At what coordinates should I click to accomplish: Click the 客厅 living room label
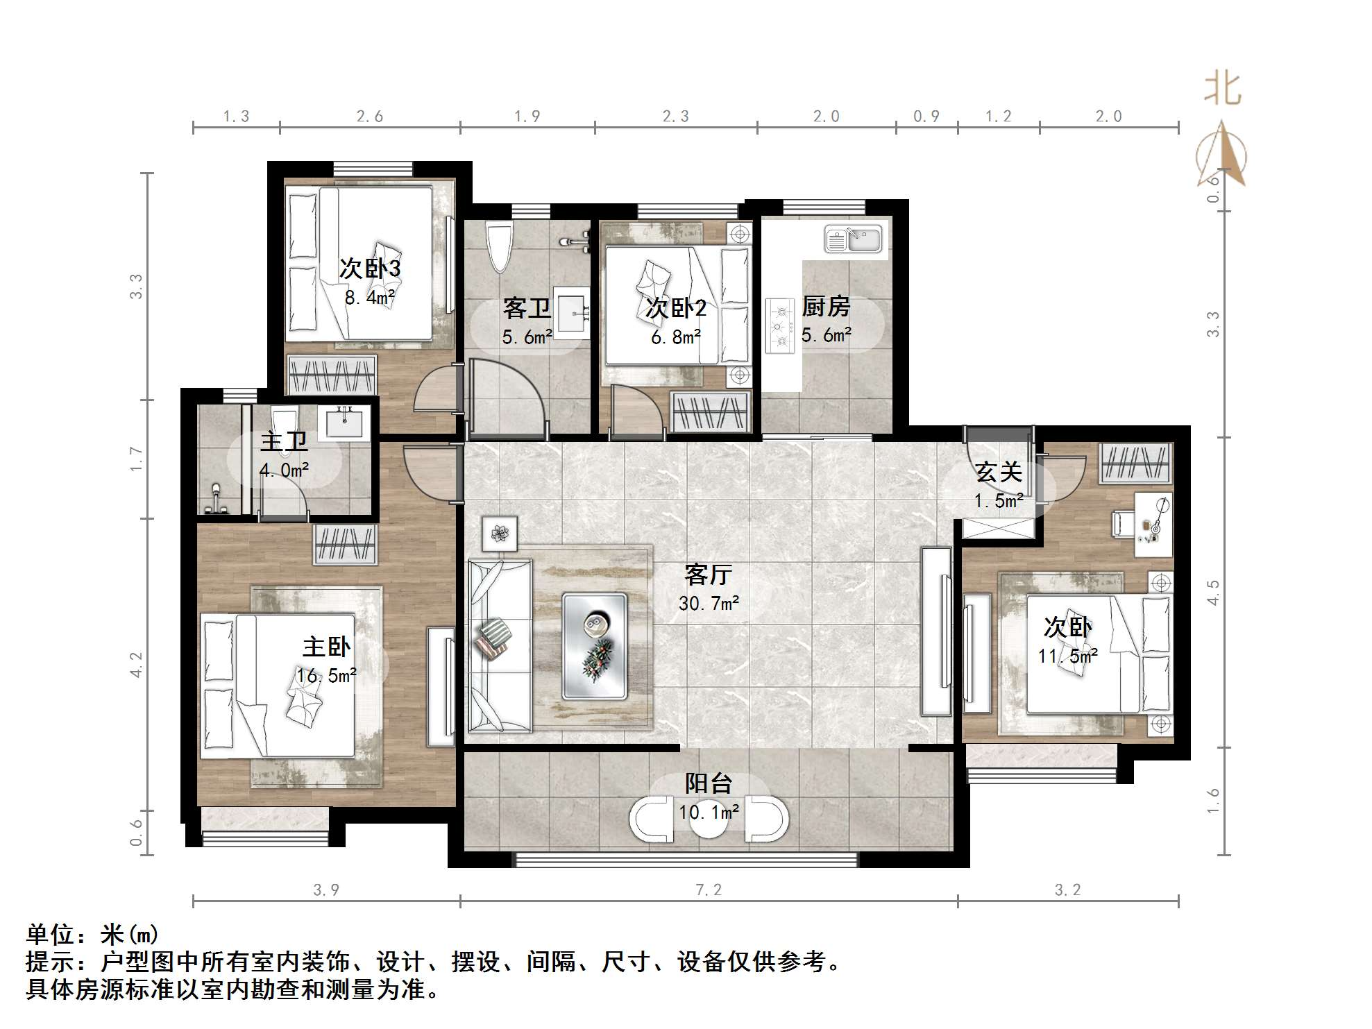tap(708, 575)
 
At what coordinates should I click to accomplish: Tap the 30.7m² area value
tap(709, 604)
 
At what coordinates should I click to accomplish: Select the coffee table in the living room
tap(595, 645)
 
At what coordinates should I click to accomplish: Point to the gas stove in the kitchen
tap(779, 325)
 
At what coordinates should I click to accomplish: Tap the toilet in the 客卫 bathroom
tap(499, 247)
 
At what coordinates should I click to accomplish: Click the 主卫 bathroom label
tap(284, 441)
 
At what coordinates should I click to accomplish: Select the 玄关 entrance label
tap(999, 473)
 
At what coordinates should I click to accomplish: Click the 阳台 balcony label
tap(709, 783)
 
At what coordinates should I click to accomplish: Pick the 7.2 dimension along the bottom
tap(709, 890)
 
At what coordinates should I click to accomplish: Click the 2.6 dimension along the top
tap(370, 117)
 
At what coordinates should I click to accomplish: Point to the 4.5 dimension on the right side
tap(1212, 593)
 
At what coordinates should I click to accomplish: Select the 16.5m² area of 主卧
tap(326, 675)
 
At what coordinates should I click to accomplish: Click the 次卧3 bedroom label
tap(370, 269)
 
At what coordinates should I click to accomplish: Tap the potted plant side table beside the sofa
tap(500, 534)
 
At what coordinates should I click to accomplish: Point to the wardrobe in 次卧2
tap(710, 411)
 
